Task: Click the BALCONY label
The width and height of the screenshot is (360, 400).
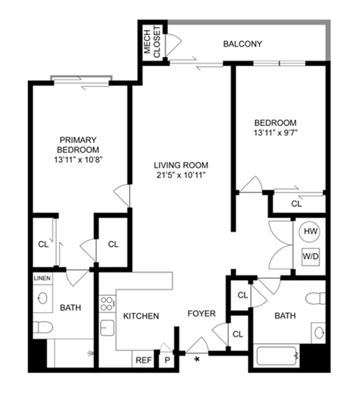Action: pos(242,44)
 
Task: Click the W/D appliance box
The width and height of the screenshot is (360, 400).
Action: pos(310,257)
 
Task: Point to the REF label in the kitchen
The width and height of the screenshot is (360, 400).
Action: pos(143,360)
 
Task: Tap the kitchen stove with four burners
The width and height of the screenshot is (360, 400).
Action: pos(106,304)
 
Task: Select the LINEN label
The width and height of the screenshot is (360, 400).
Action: pos(41,278)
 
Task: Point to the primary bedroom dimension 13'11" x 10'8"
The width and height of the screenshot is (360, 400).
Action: pos(79,160)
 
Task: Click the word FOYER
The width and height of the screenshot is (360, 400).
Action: pos(201,314)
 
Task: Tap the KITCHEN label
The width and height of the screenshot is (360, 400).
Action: pos(141,317)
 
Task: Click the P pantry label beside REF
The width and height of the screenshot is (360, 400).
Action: pos(166,360)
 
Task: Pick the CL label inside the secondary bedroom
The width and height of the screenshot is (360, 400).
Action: pos(296,203)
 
